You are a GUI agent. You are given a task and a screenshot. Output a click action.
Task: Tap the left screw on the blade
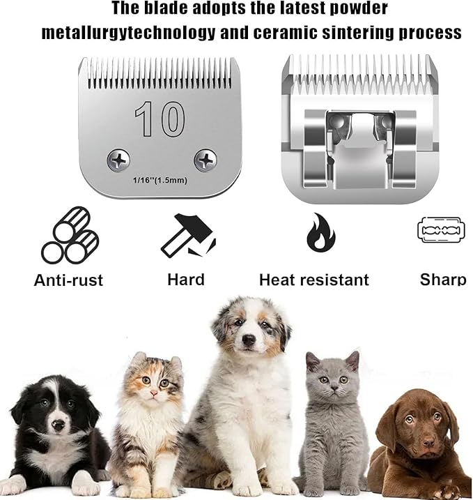click(x=118, y=161)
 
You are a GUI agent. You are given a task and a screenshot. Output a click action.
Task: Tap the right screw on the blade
click(x=206, y=160)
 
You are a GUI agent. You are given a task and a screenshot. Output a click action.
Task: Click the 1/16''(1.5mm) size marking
click(x=160, y=181)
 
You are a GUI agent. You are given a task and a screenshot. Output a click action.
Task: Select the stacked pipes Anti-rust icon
click(x=69, y=235)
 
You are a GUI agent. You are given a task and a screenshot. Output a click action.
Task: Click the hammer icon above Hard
click(x=188, y=236)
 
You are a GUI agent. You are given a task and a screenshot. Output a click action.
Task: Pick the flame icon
click(x=320, y=233)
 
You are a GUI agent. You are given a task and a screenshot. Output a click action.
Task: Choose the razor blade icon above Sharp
click(x=441, y=229)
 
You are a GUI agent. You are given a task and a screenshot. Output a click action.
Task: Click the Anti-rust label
click(x=68, y=280)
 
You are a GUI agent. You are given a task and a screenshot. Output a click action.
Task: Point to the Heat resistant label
click(x=313, y=280)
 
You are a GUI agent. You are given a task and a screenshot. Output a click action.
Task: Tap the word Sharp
click(x=443, y=280)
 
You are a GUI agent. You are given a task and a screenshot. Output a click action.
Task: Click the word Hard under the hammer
click(x=186, y=280)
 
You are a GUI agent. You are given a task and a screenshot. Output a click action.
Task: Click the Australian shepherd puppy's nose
click(x=249, y=341)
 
